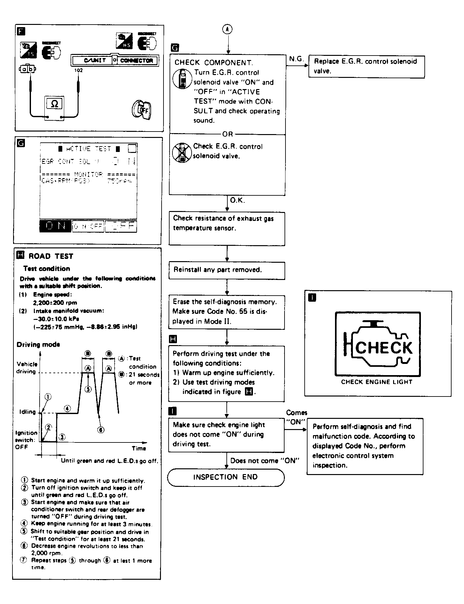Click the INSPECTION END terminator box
225,477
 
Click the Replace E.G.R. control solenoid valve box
366,66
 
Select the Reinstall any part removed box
227,270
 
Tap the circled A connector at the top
227,29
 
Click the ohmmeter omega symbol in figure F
55,104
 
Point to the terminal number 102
78,71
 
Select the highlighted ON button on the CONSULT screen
55,226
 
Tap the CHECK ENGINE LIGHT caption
377,382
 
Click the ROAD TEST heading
51,256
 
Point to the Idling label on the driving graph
27,412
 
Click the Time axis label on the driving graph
139,448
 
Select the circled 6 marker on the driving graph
100,430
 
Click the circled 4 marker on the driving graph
67,408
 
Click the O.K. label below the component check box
237,201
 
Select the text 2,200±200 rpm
55,303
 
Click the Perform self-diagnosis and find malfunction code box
365,446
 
